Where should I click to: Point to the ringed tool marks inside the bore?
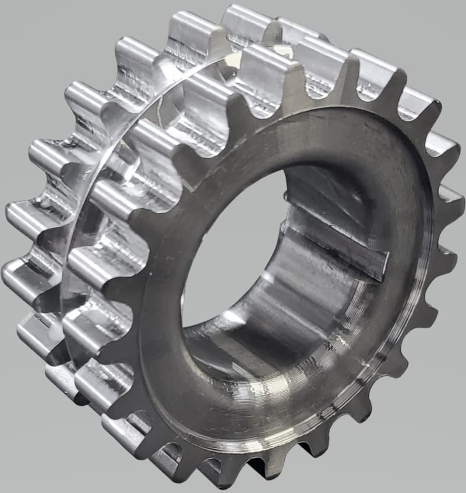[326, 326]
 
